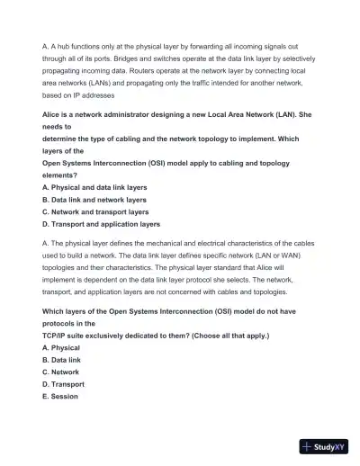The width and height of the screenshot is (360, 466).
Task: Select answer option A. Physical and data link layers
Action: coord(94,187)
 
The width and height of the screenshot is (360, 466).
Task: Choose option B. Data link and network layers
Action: coord(94,200)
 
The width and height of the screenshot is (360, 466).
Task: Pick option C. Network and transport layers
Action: coord(95,212)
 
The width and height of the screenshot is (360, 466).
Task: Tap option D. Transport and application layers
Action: coord(101,225)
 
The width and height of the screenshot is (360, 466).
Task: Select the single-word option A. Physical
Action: coord(61,346)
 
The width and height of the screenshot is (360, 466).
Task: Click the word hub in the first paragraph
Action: coord(61,43)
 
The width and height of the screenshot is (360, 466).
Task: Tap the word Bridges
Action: coord(122,56)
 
